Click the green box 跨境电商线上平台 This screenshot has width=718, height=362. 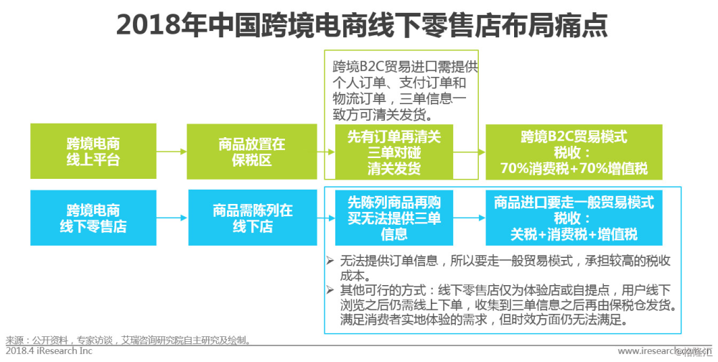tap(93, 152)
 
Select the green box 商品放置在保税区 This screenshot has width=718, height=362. tap(252, 152)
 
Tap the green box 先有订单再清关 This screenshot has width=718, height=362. tap(393, 152)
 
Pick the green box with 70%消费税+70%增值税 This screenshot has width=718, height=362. tap(574, 152)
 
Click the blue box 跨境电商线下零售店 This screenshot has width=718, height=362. tap(93, 218)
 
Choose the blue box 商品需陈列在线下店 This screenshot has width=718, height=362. tap(252, 218)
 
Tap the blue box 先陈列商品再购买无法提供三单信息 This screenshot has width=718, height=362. tap(393, 218)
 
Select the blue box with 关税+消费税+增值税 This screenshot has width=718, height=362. tap(574, 218)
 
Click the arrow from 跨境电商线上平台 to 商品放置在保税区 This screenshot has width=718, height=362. tap(172, 152)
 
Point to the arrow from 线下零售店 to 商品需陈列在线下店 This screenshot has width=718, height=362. tap(172, 218)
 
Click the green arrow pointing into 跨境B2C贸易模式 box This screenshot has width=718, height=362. tap(470, 152)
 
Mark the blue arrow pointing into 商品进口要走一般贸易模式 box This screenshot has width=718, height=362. tap(470, 218)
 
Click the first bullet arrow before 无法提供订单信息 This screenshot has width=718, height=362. tap(330, 261)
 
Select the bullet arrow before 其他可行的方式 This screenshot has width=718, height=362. tap(330, 289)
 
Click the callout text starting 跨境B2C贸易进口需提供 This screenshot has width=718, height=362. tap(405, 90)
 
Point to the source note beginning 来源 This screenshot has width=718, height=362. tap(129, 340)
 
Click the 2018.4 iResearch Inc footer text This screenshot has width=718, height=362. tap(49, 351)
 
